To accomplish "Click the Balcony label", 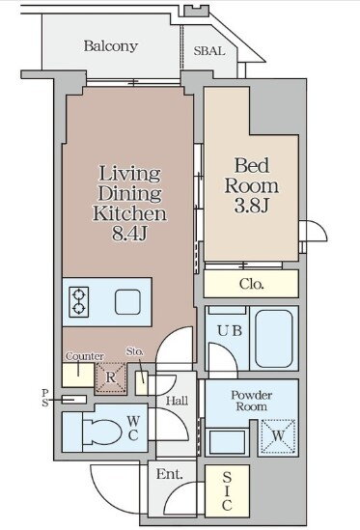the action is (111, 46).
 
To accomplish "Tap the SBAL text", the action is (209, 51).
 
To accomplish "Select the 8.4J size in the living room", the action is (129, 234).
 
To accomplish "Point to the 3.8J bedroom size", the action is (252, 206).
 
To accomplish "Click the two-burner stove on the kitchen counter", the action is (79, 302).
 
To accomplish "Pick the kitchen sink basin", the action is (127, 302).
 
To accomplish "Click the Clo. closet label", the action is (252, 284).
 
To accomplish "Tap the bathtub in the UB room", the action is (274, 338).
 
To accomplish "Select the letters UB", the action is (230, 330).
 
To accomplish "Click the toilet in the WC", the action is (102, 432).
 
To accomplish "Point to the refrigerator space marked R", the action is (111, 377).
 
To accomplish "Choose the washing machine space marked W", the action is (278, 436).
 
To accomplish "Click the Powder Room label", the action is (252, 401).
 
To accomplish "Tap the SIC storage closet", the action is (227, 490).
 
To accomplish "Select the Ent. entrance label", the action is (169, 474).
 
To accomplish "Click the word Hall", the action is (178, 401).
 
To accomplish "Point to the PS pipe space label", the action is (45, 398).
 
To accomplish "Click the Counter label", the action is (85, 356).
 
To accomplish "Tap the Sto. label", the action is (135, 351).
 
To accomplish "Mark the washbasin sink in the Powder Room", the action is (227, 441).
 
